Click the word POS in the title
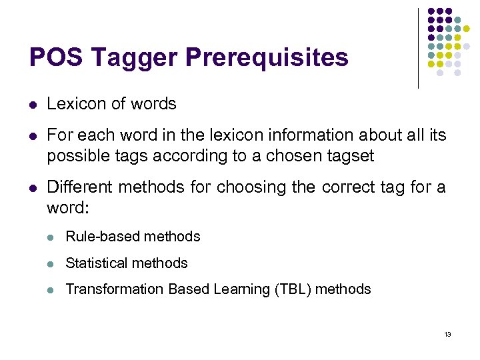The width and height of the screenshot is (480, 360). (57, 58)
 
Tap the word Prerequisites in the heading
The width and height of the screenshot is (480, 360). (267, 58)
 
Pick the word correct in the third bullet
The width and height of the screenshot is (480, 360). (347, 187)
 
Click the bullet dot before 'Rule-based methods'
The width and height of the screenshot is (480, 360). (52, 237)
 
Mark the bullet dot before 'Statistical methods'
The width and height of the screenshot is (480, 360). (52, 263)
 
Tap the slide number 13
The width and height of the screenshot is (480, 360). (448, 334)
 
